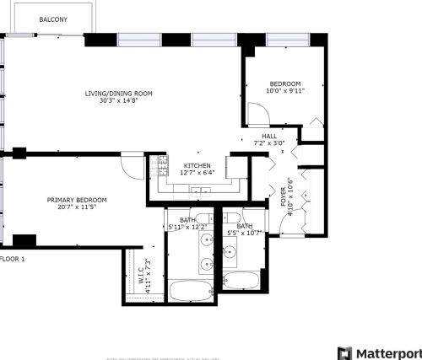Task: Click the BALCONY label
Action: pyautogui.click(x=53, y=19)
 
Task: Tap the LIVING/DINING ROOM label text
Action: pyautogui.click(x=118, y=93)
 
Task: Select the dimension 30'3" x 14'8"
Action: pyautogui.click(x=118, y=101)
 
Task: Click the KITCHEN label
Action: pyautogui.click(x=197, y=165)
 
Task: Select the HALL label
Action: pyautogui.click(x=269, y=136)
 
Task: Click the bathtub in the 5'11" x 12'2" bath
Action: pyautogui.click(x=191, y=292)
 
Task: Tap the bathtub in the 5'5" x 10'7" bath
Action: pyautogui.click(x=243, y=281)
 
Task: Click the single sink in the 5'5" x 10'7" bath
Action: pyautogui.click(x=229, y=251)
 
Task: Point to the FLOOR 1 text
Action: pyautogui.click(x=13, y=259)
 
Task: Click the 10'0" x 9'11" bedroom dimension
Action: pyautogui.click(x=285, y=91)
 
